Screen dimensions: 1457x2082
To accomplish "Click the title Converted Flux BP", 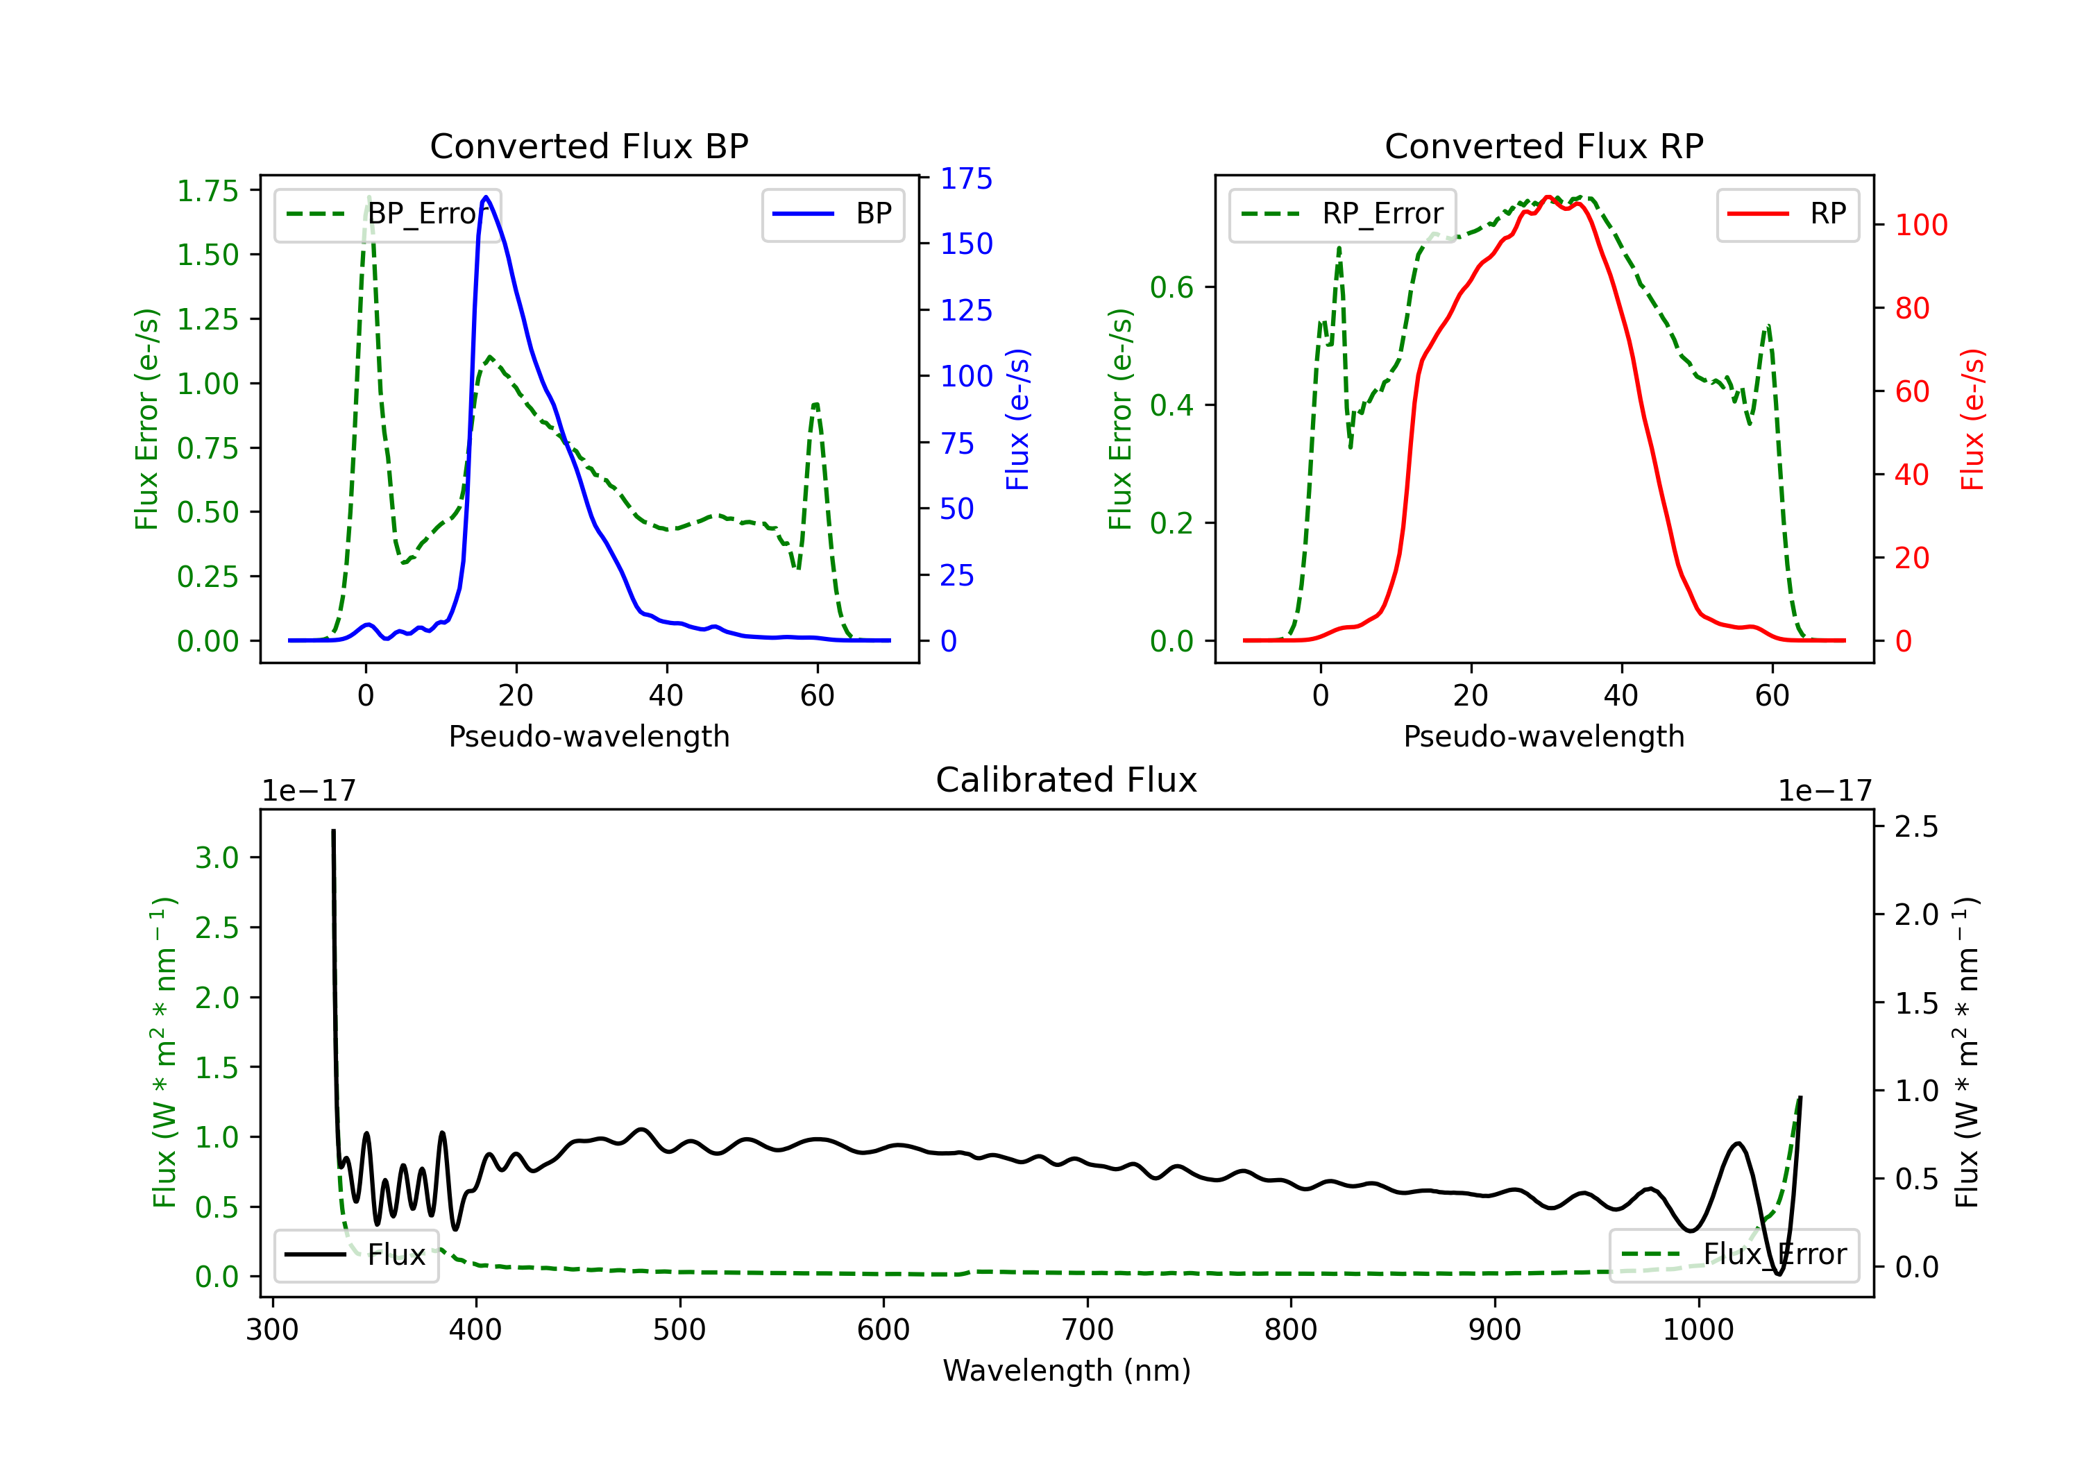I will pos(589,146).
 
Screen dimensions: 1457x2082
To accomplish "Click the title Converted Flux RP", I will pos(1543,146).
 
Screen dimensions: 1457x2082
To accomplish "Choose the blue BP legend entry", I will pos(832,214).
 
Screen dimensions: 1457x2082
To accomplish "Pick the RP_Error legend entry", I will pos(1342,214).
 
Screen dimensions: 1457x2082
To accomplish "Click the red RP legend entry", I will pos(1786,214).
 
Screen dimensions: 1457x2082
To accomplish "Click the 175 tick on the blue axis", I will pos(966,178).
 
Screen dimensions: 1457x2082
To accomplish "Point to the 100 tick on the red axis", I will pos(1920,225).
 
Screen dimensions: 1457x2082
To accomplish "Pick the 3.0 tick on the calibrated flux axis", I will pos(216,858).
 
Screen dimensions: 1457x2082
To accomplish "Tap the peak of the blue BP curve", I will pos(486,197).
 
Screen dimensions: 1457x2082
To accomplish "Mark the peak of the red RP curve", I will pos(1548,197).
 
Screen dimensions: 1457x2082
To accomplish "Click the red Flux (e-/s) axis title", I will pos(1972,419).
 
